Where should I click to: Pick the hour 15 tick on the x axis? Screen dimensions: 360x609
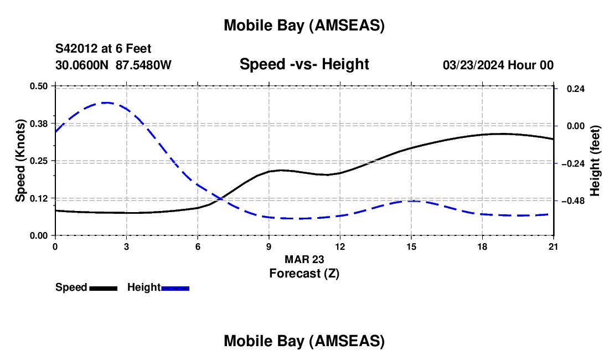[411, 246]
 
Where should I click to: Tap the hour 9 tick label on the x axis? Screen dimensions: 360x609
[269, 246]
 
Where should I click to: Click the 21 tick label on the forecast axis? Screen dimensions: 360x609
[553, 246]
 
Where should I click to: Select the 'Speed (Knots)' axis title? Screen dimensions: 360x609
[20, 161]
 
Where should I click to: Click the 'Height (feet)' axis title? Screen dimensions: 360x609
[595, 161]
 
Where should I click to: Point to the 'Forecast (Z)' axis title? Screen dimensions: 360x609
[304, 273]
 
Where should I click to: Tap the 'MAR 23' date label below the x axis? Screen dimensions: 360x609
[304, 259]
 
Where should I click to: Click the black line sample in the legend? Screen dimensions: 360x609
[103, 287]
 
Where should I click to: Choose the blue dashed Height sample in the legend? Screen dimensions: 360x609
[176, 287]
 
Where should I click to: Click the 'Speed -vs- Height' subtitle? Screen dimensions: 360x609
[304, 64]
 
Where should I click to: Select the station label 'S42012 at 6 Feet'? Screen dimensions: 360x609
[103, 49]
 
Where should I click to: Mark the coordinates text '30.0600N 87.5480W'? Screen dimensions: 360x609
[113, 65]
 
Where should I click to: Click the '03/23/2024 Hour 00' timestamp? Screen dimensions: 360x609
[498, 65]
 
